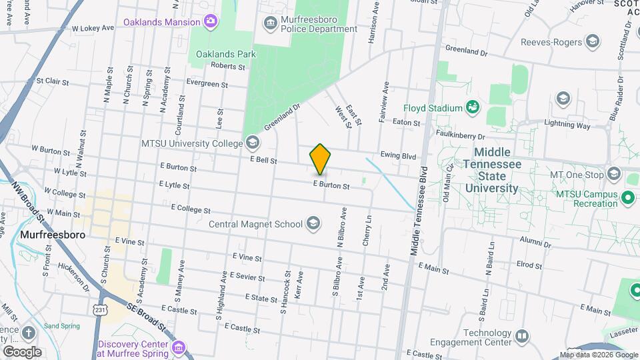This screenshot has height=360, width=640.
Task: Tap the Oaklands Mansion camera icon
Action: click(x=210, y=22)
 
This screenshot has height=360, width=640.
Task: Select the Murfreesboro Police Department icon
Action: click(x=270, y=24)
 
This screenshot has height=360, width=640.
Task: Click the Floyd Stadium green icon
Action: click(x=473, y=107)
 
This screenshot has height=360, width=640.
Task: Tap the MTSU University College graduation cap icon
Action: click(x=253, y=142)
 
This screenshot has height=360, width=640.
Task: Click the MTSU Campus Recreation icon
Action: click(x=627, y=198)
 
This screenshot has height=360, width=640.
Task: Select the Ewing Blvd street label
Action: click(x=398, y=156)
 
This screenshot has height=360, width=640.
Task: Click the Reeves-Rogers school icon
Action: click(x=591, y=43)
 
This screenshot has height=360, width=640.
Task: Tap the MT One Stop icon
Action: click(x=613, y=175)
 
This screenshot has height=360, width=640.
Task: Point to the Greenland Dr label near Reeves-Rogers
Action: click(x=467, y=50)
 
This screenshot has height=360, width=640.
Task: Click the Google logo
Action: click(x=22, y=351)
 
